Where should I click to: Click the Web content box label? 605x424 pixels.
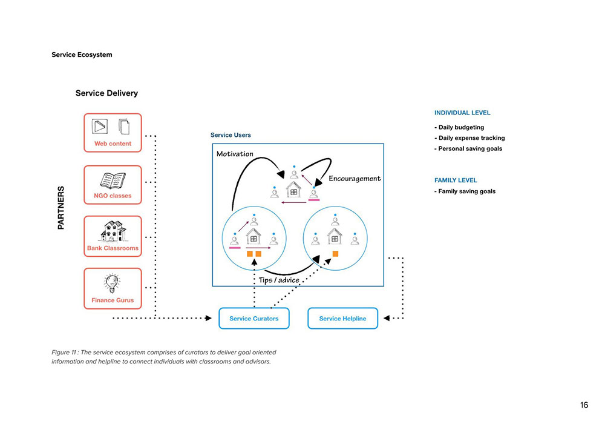(x=113, y=144)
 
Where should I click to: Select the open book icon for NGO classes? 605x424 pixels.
(x=113, y=181)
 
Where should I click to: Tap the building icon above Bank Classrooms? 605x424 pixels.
(x=113, y=231)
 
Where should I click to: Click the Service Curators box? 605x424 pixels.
(x=254, y=319)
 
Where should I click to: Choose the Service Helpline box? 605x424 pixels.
(x=342, y=319)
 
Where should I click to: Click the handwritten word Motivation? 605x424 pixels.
(x=235, y=154)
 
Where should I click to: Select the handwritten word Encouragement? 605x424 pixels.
(x=355, y=179)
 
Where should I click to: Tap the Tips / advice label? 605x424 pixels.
(x=279, y=280)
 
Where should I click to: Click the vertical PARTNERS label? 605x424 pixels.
(x=61, y=207)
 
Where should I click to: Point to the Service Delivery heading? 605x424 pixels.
(x=106, y=93)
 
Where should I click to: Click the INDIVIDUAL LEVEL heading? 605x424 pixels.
(x=462, y=113)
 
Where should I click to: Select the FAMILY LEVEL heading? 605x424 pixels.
(x=456, y=180)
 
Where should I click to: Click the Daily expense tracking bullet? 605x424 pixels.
(x=469, y=138)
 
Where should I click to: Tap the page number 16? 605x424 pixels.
(x=584, y=405)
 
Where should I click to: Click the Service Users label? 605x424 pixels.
(x=231, y=135)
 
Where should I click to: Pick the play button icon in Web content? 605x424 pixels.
(x=99, y=126)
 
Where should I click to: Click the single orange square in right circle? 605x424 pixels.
(x=335, y=254)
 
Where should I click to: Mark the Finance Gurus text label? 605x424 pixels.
(x=113, y=300)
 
